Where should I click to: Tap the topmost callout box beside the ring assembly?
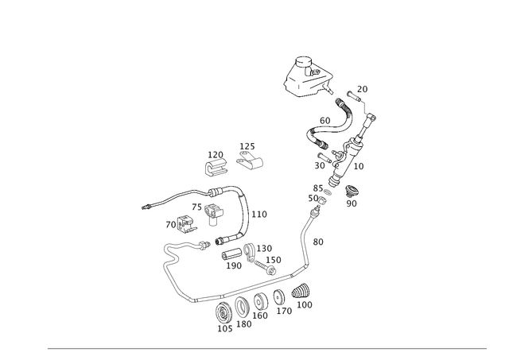click(x=363, y=87)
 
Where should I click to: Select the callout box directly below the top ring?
click(x=324, y=120)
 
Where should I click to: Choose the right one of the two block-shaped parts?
click(x=251, y=157)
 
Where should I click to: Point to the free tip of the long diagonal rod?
click(x=144, y=208)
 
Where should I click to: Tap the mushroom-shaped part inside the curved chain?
click(x=212, y=211)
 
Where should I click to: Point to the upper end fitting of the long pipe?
click(x=319, y=193)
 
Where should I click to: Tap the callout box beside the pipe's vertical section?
click(x=318, y=240)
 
